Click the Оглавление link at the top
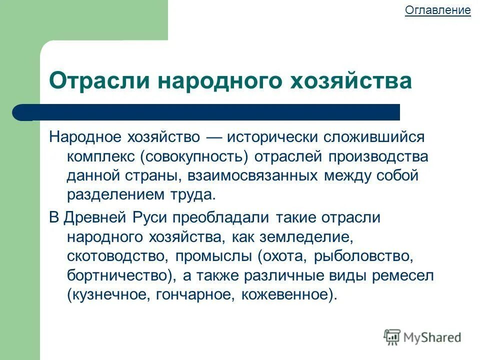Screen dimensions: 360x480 pos(437,10)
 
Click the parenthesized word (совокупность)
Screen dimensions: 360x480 pos(194,156)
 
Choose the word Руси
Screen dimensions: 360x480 pos(149,218)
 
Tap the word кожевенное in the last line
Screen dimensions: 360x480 pos(286,295)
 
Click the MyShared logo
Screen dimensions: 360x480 pos(422,336)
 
